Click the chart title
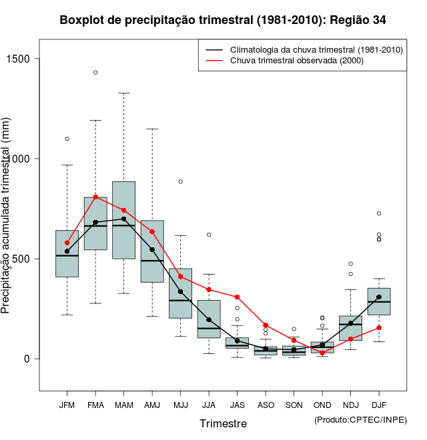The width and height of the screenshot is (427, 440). [x=222, y=20]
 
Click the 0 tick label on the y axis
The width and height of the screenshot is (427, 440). [x=29, y=359]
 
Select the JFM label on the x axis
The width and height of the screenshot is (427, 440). [x=67, y=405]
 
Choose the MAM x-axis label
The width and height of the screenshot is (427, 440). [x=124, y=405]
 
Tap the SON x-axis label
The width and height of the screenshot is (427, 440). [x=294, y=405]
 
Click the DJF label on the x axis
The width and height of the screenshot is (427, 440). [x=379, y=405]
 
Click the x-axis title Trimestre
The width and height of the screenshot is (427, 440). [x=223, y=423]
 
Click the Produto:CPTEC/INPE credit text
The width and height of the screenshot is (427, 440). [x=360, y=420]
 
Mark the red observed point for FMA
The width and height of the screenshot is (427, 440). [x=95, y=197]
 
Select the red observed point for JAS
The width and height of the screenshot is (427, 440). [x=237, y=297]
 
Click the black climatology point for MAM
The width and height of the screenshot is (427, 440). [x=124, y=219]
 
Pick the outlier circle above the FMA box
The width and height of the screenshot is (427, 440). [x=95, y=72]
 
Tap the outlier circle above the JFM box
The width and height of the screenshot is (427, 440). [x=67, y=139]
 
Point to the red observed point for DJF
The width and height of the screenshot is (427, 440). [x=379, y=327]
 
